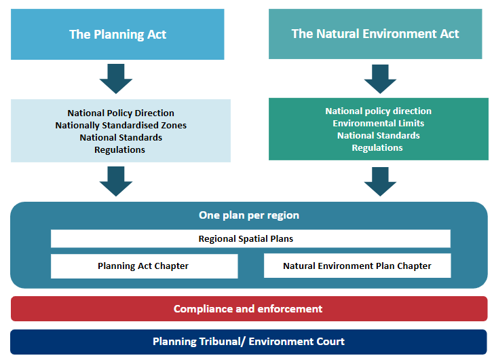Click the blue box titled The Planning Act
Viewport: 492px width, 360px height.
click(117, 34)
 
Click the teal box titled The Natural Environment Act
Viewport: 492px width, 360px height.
click(375, 34)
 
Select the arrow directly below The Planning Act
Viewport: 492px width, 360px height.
click(116, 77)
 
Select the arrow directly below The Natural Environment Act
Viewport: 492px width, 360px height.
click(380, 77)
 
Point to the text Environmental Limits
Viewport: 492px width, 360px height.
click(378, 123)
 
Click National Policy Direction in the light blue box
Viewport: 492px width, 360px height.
click(121, 113)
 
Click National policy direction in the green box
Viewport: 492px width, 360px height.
click(378, 111)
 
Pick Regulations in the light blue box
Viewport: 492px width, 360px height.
click(119, 149)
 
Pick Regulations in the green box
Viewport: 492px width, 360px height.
click(377, 147)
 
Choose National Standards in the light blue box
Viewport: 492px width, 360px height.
click(120, 137)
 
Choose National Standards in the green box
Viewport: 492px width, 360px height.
click(378, 135)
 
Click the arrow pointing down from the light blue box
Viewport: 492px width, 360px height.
click(116, 180)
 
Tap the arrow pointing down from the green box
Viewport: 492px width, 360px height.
click(380, 180)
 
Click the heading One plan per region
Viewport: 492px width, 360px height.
click(248, 215)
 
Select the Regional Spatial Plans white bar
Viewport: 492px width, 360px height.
click(250, 238)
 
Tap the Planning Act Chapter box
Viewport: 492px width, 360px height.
click(144, 266)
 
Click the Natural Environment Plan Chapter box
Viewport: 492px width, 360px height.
click(357, 266)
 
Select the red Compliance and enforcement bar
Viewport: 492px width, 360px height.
click(248, 308)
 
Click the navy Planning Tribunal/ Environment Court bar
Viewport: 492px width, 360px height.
click(248, 342)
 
